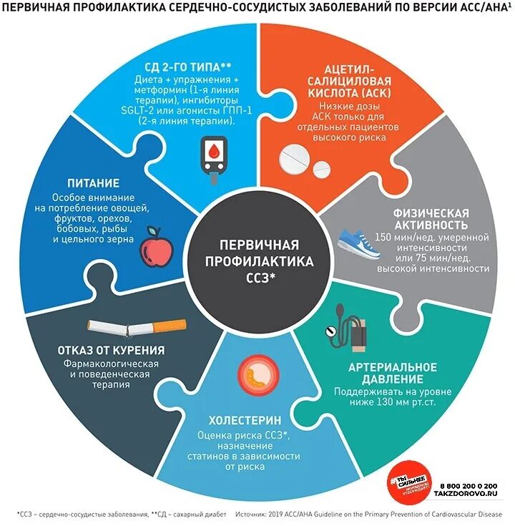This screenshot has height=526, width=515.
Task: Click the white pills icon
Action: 301,160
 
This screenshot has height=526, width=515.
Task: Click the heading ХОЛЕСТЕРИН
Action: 243,420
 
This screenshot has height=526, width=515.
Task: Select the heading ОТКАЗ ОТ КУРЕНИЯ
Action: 112,351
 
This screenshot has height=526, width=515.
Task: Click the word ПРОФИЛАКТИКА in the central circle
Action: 257,262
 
